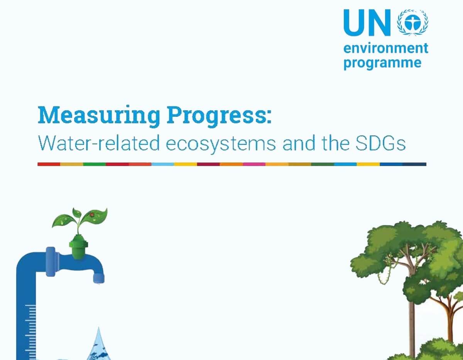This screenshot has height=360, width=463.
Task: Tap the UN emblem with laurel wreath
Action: pyautogui.click(x=412, y=23)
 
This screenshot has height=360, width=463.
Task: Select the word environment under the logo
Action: pyautogui.click(x=386, y=49)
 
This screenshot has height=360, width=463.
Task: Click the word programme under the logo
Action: pyautogui.click(x=382, y=62)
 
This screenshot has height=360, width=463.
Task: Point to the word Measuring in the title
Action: pyautogui.click(x=99, y=115)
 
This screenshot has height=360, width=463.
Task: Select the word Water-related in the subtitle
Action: pyautogui.click(x=99, y=143)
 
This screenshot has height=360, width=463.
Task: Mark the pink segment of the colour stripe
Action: pyautogui.click(x=254, y=164)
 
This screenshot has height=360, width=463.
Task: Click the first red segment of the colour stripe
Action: pyautogui.click(x=49, y=164)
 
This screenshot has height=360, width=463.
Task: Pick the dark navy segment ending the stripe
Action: pyautogui.click(x=415, y=164)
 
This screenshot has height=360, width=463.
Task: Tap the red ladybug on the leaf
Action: pyautogui.click(x=92, y=215)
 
